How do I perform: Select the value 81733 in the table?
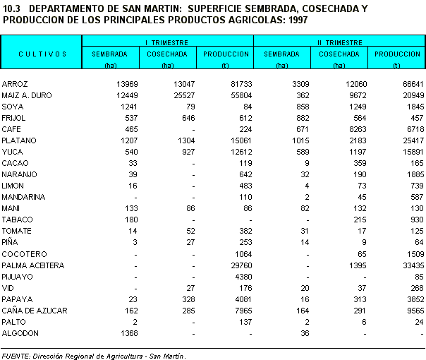236,84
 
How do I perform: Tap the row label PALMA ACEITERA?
33,265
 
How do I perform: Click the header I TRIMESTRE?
166,42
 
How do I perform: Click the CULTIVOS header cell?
42,54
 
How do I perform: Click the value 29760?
236,265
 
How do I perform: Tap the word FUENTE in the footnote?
18,356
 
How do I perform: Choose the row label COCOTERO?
24,254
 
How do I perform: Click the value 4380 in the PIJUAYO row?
238,277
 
